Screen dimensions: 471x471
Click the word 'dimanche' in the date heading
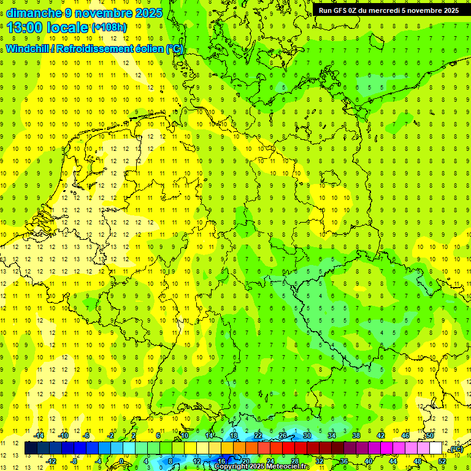pyautogui.click(x=32, y=12)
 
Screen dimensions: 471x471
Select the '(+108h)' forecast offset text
pyautogui.click(x=109, y=28)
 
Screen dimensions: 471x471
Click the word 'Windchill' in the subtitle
pyautogui.click(x=28, y=48)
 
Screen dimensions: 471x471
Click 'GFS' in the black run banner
pyautogui.click(x=344, y=10)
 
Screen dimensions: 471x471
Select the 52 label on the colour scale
pyautogui.click(x=442, y=461)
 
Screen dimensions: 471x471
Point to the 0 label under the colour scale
pyautogui.click(x=121, y=461)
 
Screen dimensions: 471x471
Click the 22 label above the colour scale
pyautogui.click(x=258, y=435)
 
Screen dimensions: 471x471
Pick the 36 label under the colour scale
pyautogui.click(x=343, y=461)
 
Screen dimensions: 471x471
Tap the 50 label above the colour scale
pyautogui.click(x=430, y=435)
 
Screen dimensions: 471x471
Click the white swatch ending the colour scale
pyautogui.click(x=436, y=448)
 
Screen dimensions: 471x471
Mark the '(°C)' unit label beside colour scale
pyautogui.click(x=456, y=449)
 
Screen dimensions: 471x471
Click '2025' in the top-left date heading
pyautogui.click(x=148, y=12)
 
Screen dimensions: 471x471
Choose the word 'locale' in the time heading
pyautogui.click(x=67, y=28)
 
